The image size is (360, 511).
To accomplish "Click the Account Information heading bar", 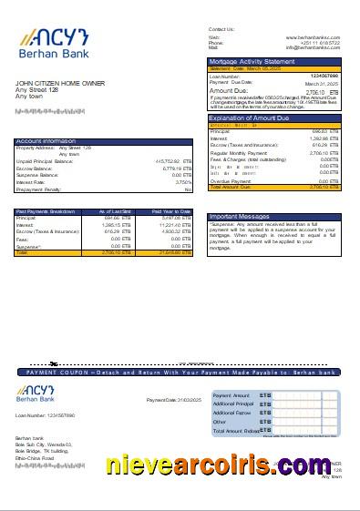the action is click(x=46, y=141).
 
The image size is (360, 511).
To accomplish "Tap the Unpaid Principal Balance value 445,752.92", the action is click(x=172, y=161).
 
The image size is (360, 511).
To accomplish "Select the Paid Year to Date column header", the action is click(x=172, y=211).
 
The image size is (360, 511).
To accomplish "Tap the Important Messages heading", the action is click(x=240, y=217).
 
